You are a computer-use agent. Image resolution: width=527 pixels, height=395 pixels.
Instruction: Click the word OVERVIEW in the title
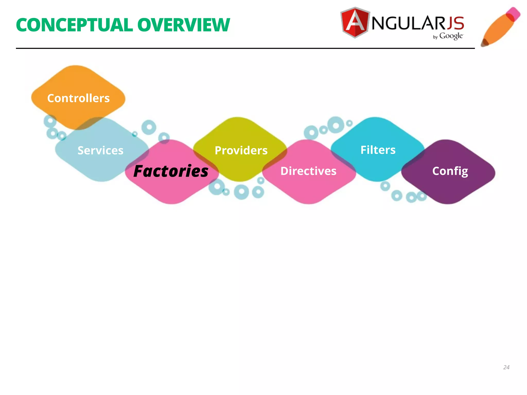[x=183, y=25]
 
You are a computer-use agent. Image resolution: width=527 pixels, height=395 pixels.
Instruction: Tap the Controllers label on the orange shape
[x=78, y=98]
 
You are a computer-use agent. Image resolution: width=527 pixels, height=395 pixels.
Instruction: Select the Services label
[x=100, y=150]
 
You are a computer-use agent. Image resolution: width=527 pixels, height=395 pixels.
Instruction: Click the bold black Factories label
[x=171, y=171]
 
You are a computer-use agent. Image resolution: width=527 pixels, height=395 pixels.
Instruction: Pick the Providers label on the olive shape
[x=241, y=150]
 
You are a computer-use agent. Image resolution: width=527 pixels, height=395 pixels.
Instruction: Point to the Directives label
[x=308, y=171]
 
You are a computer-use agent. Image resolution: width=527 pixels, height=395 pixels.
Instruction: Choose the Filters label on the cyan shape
[x=378, y=150]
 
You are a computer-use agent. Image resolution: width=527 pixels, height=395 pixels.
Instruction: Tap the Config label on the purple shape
[x=450, y=171]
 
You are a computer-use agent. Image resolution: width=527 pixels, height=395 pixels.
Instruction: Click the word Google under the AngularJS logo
[x=451, y=36]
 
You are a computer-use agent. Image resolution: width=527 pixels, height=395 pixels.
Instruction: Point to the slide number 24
[x=506, y=367]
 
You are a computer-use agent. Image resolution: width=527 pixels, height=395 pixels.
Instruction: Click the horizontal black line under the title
[x=244, y=48]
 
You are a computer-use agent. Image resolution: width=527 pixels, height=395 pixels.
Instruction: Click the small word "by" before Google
[x=435, y=37]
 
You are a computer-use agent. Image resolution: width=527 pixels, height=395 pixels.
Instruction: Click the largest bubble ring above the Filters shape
[x=336, y=125]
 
